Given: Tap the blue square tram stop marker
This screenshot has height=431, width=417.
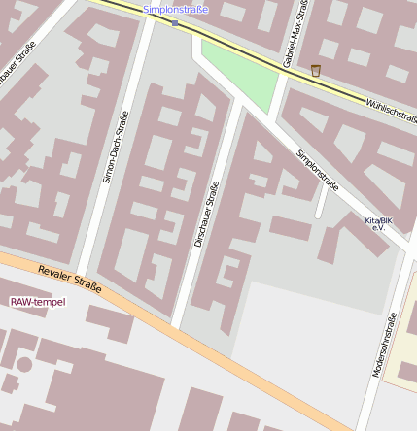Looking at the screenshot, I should pyautogui.click(x=175, y=22).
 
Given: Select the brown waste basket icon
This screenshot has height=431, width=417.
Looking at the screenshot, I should pyautogui.click(x=315, y=70).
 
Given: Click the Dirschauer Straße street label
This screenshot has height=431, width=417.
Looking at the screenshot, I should pyautogui.click(x=206, y=214).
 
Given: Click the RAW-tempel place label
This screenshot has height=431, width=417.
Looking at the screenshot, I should pyautogui.click(x=38, y=302).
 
